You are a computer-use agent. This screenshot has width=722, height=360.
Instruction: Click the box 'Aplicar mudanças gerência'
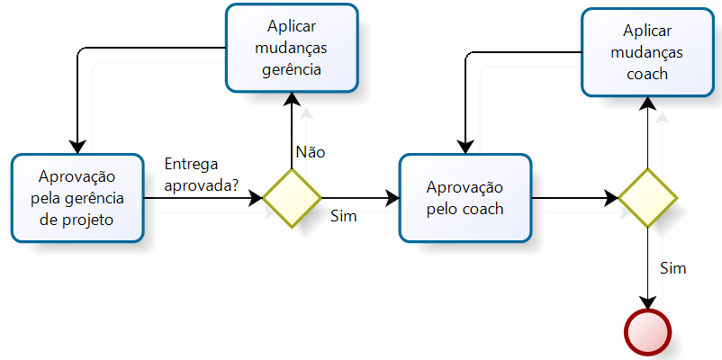pos(292,48)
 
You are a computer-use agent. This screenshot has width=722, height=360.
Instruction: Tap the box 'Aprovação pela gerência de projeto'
pos(77,197)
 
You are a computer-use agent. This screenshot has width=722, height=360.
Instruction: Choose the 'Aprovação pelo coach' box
pos(465,197)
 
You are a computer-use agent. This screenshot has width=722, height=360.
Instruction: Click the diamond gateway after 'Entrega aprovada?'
pos(292,196)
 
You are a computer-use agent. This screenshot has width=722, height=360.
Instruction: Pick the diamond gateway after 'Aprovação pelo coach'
pos(647,197)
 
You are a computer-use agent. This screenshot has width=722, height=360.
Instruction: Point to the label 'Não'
pos(311,152)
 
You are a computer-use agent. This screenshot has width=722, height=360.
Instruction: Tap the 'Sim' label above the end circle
pos(673,268)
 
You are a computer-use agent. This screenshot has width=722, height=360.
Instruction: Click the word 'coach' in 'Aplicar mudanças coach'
pos(647,74)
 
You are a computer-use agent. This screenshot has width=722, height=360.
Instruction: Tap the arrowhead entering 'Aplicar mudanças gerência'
pos(292,99)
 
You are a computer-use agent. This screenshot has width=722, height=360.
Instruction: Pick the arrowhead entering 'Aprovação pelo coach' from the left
pos(393,197)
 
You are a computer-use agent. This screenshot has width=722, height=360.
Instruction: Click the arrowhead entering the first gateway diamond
pos(256,197)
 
